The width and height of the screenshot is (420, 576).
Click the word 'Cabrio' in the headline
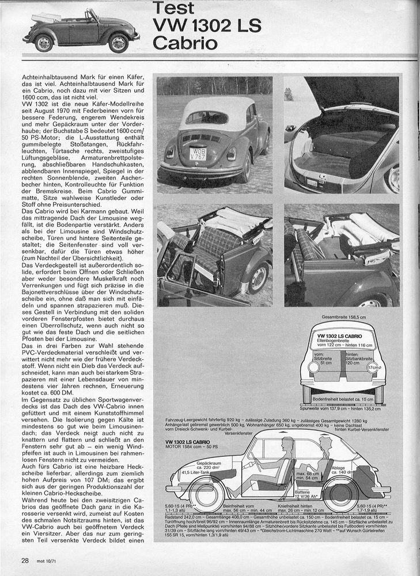(185, 43)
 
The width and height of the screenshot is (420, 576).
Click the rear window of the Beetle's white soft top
(207, 117)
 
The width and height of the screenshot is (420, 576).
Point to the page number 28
(25, 560)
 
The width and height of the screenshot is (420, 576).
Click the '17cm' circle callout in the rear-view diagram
(376, 367)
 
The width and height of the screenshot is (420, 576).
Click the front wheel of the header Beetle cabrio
(119, 43)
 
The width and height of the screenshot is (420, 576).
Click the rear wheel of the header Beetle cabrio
(43, 43)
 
